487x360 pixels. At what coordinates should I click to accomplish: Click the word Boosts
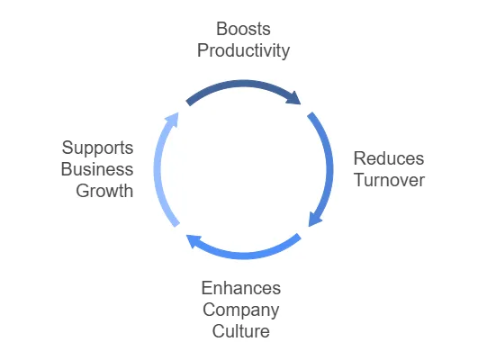[x=243, y=29]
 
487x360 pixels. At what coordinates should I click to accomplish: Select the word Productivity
[x=243, y=50]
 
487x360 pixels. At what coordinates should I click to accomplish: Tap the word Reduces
[x=389, y=158]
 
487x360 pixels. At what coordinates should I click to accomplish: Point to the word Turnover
[x=389, y=180]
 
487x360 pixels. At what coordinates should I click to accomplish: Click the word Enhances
[x=241, y=288]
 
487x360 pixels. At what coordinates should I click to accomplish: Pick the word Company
[x=241, y=310]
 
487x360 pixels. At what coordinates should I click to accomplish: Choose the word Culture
[x=241, y=331]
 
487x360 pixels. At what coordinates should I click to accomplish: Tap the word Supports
[x=97, y=148]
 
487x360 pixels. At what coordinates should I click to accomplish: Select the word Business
[x=97, y=169]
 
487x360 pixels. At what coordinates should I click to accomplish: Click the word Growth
[x=104, y=191]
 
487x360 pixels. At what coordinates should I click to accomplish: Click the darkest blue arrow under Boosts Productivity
[x=244, y=84]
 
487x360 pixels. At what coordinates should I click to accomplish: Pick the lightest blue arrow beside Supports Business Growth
[x=158, y=169]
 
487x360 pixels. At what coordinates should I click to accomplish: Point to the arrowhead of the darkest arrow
[x=294, y=98]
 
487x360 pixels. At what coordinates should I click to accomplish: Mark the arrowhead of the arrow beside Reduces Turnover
[x=314, y=219]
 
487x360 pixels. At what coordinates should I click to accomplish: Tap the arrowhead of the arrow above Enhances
[x=194, y=240]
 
